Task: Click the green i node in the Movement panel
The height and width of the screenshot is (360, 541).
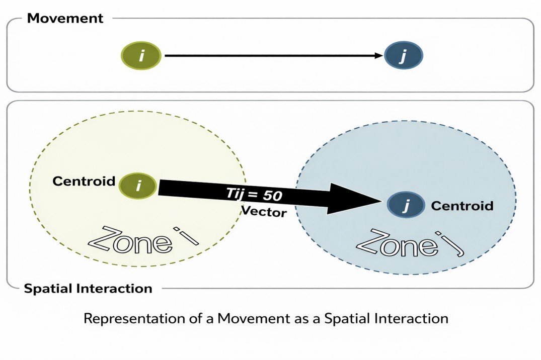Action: (x=141, y=55)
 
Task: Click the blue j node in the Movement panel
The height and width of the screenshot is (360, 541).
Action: (x=403, y=56)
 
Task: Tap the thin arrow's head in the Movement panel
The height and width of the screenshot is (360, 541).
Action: (x=378, y=55)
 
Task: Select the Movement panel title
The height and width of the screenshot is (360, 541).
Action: (x=65, y=19)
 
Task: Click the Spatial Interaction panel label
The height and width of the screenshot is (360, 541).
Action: (x=88, y=289)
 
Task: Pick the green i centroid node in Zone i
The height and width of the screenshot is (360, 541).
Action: (x=138, y=186)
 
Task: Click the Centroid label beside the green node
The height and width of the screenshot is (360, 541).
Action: (x=84, y=182)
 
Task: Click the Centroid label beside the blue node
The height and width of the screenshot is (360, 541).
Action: (x=462, y=206)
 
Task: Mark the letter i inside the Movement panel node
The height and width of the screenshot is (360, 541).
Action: (x=141, y=55)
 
